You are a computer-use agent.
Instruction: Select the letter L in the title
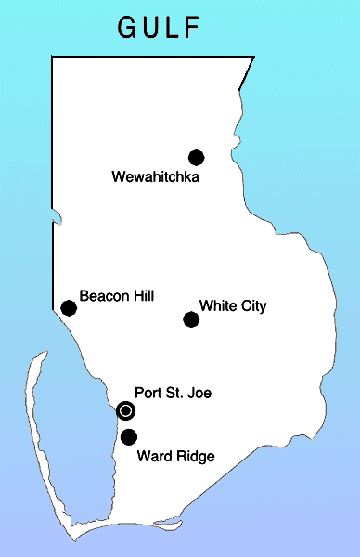point(173,28)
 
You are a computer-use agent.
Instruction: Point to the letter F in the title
point(192,28)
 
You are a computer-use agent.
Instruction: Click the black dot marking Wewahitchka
point(196,158)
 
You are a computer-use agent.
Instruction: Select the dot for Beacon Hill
point(68,308)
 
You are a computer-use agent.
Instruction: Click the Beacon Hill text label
point(117,296)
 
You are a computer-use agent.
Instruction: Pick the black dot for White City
point(191,319)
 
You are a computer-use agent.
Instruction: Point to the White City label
point(233,305)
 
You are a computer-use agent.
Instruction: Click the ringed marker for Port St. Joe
point(126,410)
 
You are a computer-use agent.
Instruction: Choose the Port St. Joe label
point(174,394)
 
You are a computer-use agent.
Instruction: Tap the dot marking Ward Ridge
point(129,436)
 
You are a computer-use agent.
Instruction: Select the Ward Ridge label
point(175,456)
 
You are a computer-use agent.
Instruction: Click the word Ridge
point(195,456)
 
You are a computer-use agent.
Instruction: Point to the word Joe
point(199,394)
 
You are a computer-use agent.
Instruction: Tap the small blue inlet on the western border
point(57,220)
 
